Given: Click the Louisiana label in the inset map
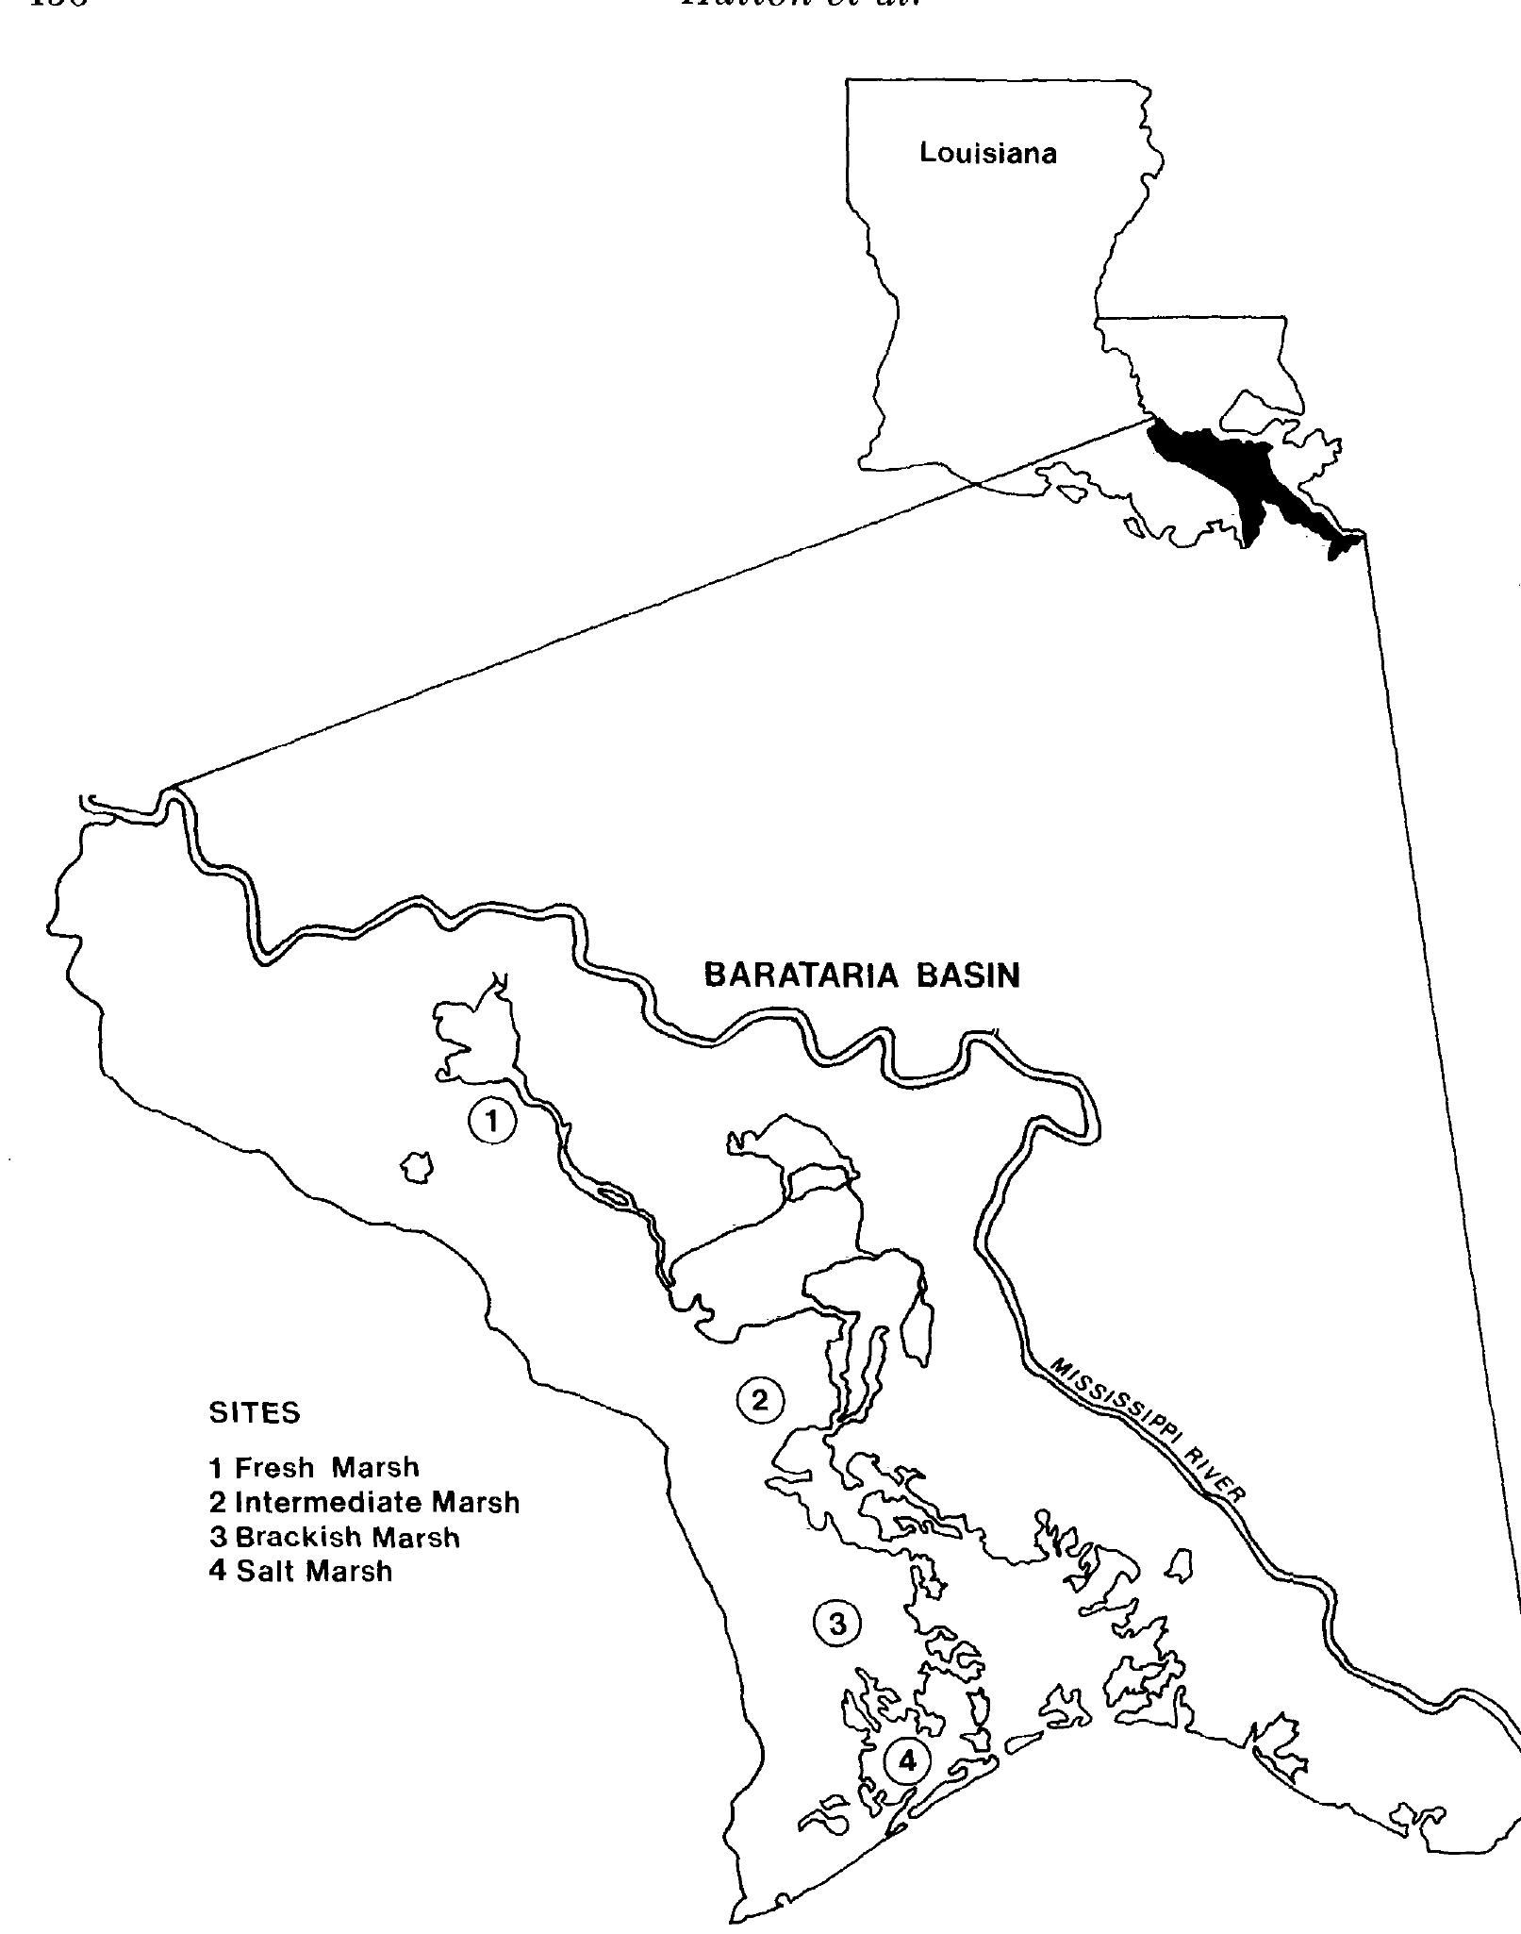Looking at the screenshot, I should coord(987,154).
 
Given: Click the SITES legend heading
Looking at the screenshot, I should coord(254,1413).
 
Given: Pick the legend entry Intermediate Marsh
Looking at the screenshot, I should coord(364,1502).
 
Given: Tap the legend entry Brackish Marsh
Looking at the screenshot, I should coord(335,1538).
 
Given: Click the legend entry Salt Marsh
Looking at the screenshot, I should coord(301,1572).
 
